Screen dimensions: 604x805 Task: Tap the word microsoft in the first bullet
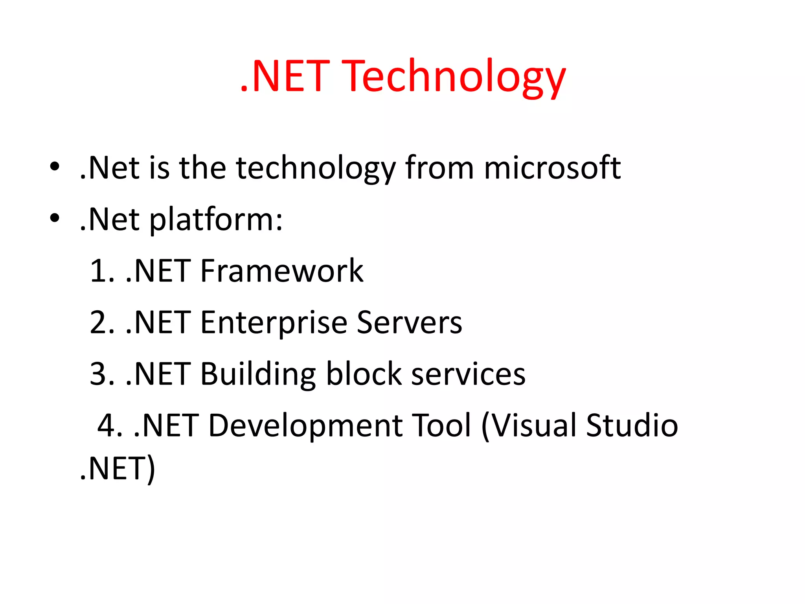point(552,168)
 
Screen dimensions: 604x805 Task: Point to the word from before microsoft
point(439,168)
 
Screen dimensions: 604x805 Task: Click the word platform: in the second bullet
point(216,220)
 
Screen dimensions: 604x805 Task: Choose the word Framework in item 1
point(281,271)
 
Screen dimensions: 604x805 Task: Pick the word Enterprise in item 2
point(274,323)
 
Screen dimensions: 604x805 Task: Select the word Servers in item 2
point(409,323)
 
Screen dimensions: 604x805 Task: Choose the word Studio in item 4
point(632,425)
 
